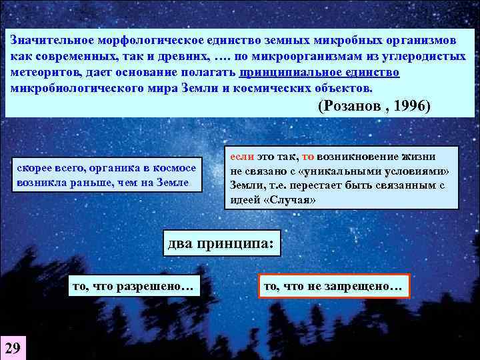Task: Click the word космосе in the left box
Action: coord(175,169)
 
